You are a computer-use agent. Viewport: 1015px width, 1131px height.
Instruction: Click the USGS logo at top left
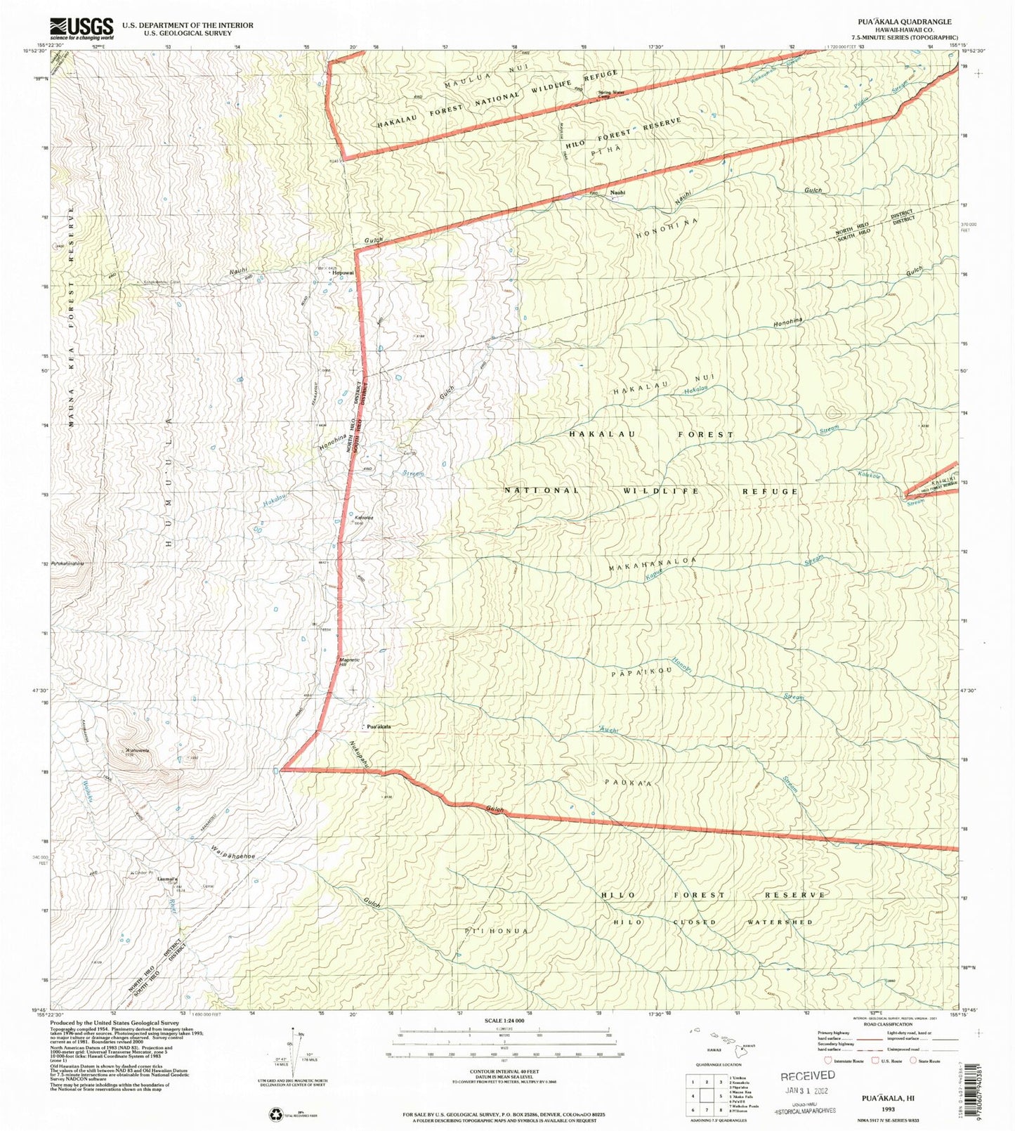(81, 27)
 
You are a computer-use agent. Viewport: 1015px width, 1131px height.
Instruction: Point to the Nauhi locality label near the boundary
(617, 192)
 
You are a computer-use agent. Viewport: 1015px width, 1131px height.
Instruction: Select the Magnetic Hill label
(349, 662)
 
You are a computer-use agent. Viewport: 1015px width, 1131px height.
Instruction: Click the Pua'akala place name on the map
(377, 726)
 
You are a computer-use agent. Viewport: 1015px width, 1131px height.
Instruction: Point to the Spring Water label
(610, 93)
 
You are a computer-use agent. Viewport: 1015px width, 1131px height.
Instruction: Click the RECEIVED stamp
(808, 1076)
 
